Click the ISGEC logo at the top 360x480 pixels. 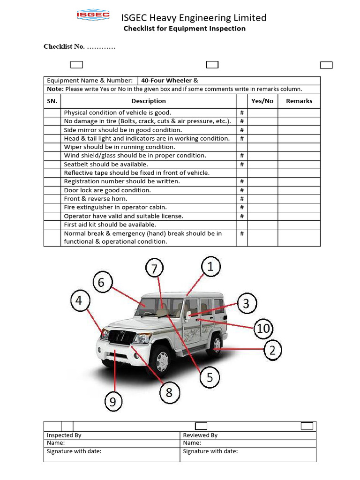pos(93,16)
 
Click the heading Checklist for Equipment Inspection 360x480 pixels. pos(184,29)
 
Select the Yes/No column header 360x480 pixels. pos(262,101)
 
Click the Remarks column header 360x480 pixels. pos(299,101)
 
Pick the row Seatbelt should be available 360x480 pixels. pos(106,164)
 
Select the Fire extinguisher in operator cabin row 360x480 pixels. pos(115,207)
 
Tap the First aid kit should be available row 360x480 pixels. pos(110,225)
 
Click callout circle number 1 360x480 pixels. pos(210,267)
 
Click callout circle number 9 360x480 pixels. pos(113,402)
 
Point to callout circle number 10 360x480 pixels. pos(263,329)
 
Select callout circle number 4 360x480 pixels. pos(79,300)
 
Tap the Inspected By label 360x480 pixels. pos(64,435)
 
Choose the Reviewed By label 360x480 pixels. pos(200,435)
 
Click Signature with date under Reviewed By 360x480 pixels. pos(210,451)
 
